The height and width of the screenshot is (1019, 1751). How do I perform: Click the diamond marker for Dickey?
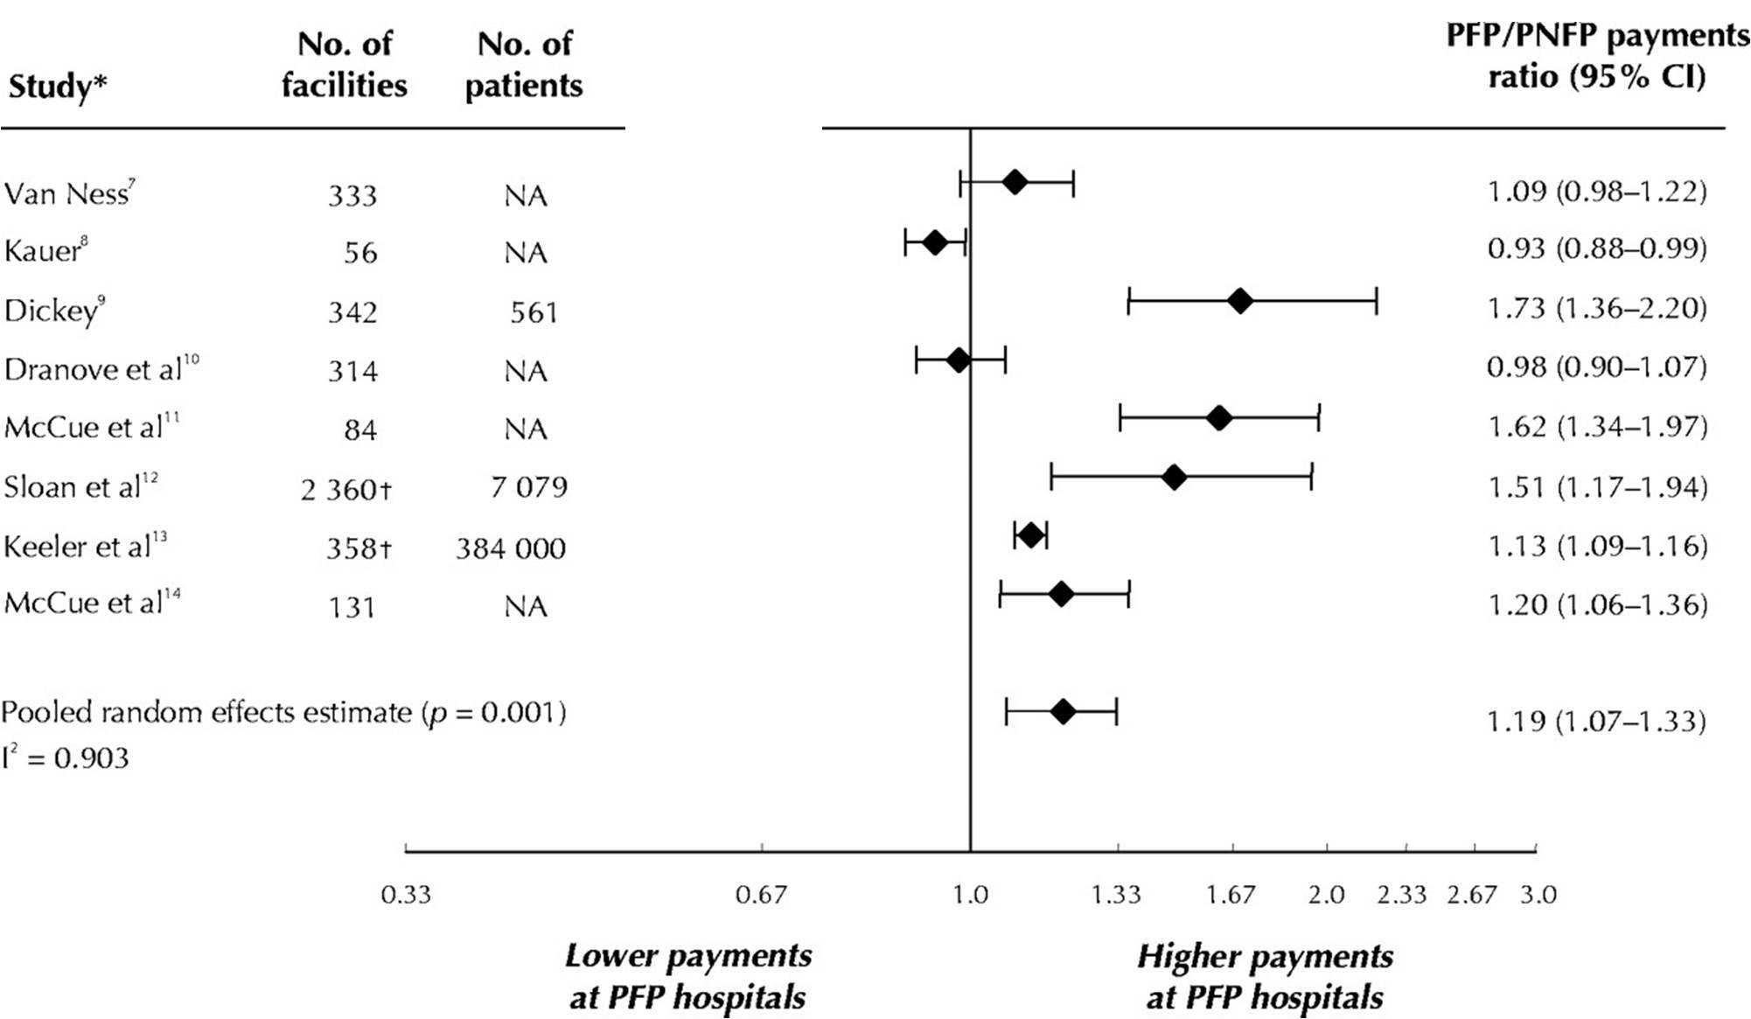pyautogui.click(x=1239, y=302)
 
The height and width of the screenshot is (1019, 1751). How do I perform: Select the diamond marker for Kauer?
pyautogui.click(x=935, y=243)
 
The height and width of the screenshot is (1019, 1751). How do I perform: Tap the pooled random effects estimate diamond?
pyautogui.click(x=1063, y=712)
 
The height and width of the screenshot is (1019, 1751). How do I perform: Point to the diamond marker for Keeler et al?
pyautogui.click(x=1031, y=535)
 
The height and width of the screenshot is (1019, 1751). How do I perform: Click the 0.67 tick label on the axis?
pyautogui.click(x=761, y=895)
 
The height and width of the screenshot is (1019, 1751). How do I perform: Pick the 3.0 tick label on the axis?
pyautogui.click(x=1538, y=895)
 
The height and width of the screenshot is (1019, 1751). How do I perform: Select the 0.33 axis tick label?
pyautogui.click(x=406, y=895)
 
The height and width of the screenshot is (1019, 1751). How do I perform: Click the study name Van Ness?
pyautogui.click(x=68, y=193)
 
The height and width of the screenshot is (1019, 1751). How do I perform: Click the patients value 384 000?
pyautogui.click(x=511, y=548)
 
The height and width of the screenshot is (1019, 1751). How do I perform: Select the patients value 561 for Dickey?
pyautogui.click(x=534, y=312)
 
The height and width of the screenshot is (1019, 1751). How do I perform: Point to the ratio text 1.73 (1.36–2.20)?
pyautogui.click(x=1597, y=308)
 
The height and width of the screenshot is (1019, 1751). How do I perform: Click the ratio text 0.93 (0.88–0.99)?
pyautogui.click(x=1597, y=248)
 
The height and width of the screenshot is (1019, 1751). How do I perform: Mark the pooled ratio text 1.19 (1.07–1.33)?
pyautogui.click(x=1596, y=722)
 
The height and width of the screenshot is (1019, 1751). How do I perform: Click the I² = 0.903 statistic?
pyautogui.click(x=66, y=757)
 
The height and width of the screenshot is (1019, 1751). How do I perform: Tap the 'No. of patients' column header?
pyautogui.click(x=524, y=65)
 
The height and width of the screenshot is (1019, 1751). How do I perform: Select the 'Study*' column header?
pyautogui.click(x=58, y=87)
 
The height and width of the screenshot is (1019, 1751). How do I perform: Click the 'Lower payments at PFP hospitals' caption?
pyautogui.click(x=687, y=976)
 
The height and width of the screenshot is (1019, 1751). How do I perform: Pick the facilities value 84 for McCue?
pyautogui.click(x=359, y=429)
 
